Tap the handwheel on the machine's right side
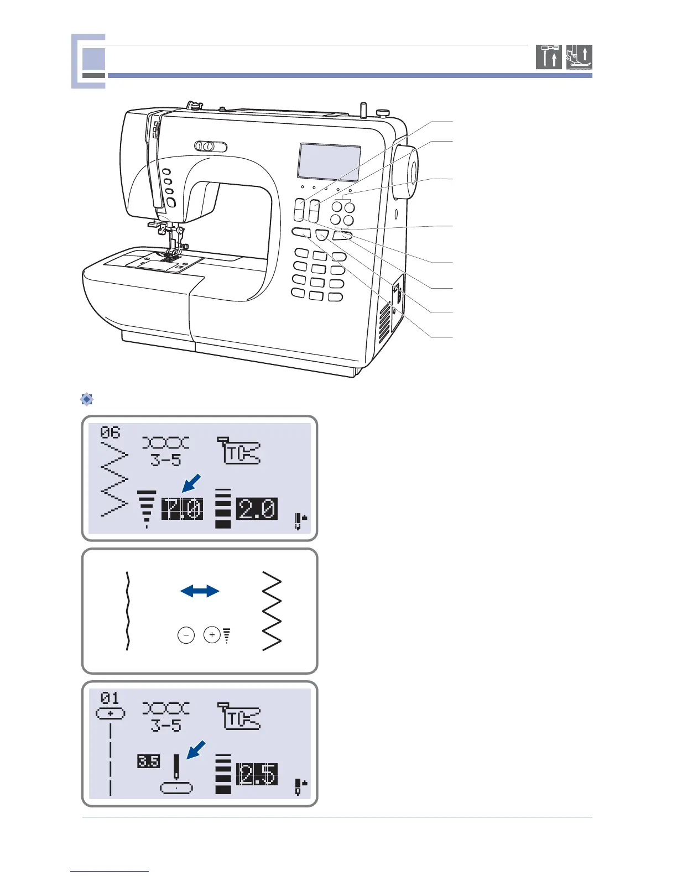(x=407, y=173)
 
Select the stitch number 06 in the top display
(x=110, y=432)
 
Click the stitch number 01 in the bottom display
(x=110, y=698)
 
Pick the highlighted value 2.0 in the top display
(x=257, y=509)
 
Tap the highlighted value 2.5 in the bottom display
(x=257, y=774)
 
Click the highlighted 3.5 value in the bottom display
(x=148, y=762)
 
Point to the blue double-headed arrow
(x=200, y=591)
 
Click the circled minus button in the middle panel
(x=186, y=635)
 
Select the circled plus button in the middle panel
(x=212, y=635)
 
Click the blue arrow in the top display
(x=191, y=483)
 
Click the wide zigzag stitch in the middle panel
(x=272, y=611)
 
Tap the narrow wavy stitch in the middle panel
(x=128, y=611)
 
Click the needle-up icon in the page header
(x=549, y=57)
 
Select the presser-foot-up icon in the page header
(x=579, y=57)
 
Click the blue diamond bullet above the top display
(x=87, y=399)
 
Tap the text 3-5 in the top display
(x=165, y=460)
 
